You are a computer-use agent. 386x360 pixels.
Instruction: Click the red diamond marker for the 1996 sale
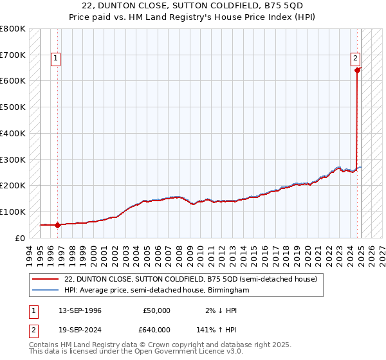[57, 225]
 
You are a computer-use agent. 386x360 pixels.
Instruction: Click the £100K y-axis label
[14, 212]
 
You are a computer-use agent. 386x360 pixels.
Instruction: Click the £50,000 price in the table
[156, 310]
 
